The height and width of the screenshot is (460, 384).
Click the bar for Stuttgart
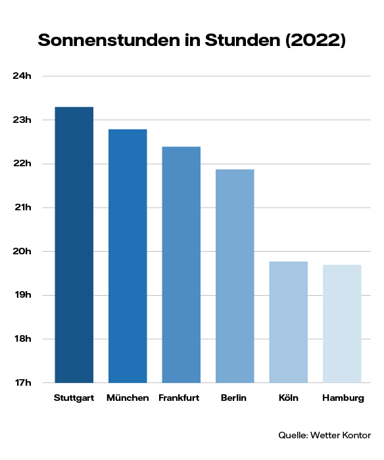pos(74,244)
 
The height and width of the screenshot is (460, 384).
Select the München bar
pos(128,256)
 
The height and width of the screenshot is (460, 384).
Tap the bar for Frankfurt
pos(181,264)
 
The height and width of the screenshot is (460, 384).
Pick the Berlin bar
pos(235,276)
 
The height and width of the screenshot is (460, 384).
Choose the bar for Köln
pos(289,322)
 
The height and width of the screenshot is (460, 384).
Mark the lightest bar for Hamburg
pos(342,324)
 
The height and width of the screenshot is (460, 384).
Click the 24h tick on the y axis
pos(22,76)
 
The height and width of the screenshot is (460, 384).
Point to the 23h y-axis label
pos(22,120)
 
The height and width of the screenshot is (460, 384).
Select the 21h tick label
pos(22,208)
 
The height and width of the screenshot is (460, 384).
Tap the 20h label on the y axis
pos(22,252)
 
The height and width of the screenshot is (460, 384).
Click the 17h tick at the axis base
pos(22,382)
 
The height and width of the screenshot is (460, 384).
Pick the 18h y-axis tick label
pos(22,339)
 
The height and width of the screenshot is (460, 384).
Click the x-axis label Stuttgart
pos(74,399)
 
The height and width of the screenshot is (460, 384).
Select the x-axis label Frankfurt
pos(181,399)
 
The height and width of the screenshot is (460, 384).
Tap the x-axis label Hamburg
pos(343,399)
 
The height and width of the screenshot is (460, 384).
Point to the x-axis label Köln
pos(289,399)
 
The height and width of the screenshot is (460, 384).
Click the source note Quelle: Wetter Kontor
pos(324,435)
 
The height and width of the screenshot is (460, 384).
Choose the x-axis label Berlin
pos(235,399)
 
